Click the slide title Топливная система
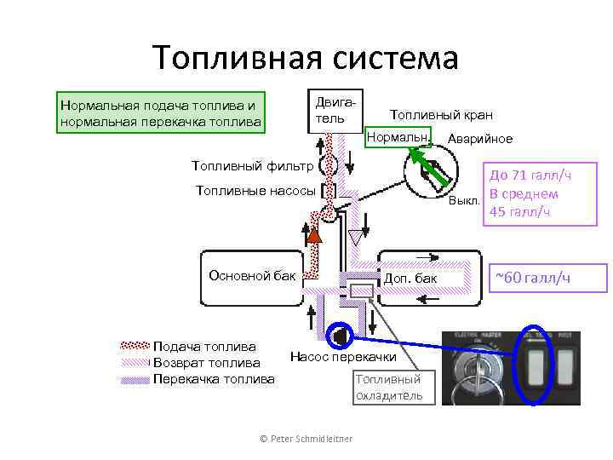(306, 57)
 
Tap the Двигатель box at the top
(332, 110)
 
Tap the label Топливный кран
(440, 115)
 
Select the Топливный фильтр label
(253, 165)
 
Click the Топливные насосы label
(255, 190)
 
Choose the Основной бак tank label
(253, 274)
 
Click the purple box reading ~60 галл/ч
(545, 278)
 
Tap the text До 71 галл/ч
(529, 175)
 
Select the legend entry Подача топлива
(204, 346)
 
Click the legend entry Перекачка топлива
(213, 378)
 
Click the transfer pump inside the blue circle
(338, 336)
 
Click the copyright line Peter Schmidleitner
(306, 438)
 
